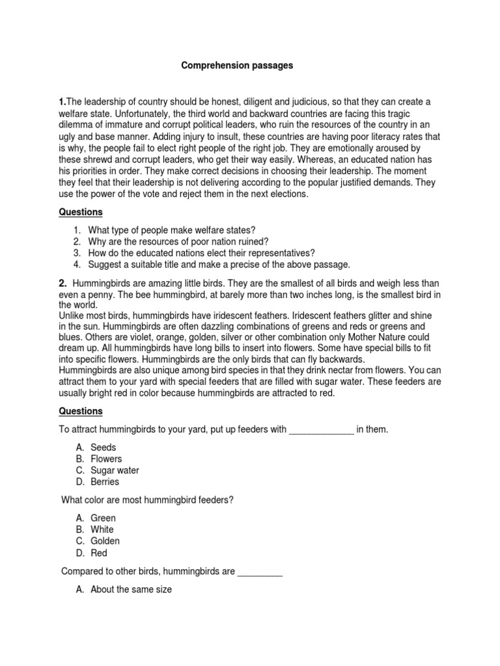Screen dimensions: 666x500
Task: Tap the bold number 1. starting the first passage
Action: (63, 103)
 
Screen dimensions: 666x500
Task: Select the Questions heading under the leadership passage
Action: (81, 212)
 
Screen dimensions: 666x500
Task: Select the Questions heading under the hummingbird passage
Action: (81, 411)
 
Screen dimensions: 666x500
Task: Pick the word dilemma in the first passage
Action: (78, 126)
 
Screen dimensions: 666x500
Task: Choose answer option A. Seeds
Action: (103, 447)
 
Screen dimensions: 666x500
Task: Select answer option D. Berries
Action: (104, 482)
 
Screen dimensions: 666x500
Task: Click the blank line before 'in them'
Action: (320, 429)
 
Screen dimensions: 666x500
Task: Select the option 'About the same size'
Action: (130, 589)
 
